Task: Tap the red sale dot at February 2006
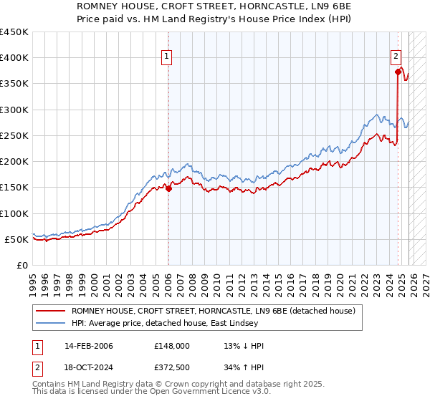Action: click(x=168, y=188)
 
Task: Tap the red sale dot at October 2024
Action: click(x=398, y=71)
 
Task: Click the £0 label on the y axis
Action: click(x=21, y=265)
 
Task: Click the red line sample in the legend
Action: click(x=51, y=311)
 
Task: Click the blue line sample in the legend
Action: click(x=51, y=324)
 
